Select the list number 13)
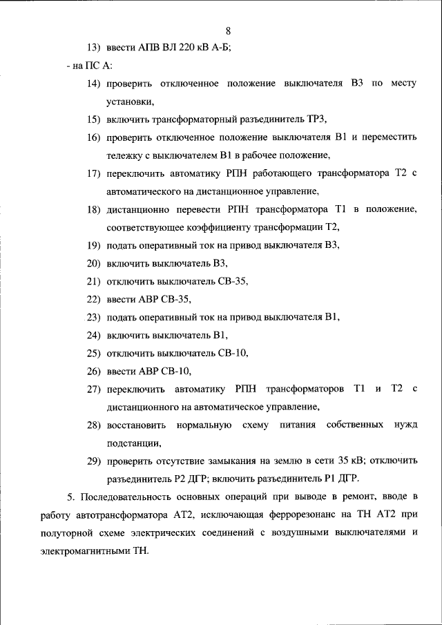coord(93,48)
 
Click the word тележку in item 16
coord(126,155)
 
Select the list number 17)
coord(93,173)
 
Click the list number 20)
coord(93,263)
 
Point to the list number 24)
coord(93,335)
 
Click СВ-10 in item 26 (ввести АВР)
coord(175,371)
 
